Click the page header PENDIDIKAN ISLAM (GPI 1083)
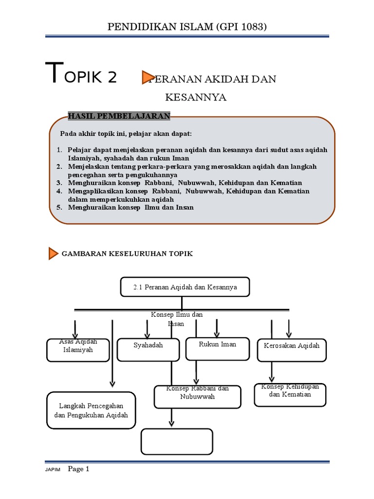click(x=187, y=27)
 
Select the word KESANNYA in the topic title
click(x=196, y=97)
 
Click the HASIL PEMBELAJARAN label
click(x=119, y=115)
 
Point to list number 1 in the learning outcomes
click(x=59, y=150)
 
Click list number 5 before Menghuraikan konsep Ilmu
click(x=59, y=207)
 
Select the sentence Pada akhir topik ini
click(x=126, y=134)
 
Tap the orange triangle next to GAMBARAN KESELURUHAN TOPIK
click(x=54, y=253)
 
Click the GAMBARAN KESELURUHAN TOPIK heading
click(x=127, y=254)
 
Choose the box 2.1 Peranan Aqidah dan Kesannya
click(x=185, y=287)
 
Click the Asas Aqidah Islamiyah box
click(x=78, y=350)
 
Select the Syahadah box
click(x=148, y=349)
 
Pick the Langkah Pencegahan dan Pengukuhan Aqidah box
click(x=91, y=410)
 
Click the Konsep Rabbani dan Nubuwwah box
click(x=197, y=397)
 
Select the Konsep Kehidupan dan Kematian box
click(x=290, y=394)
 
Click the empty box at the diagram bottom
click(x=177, y=441)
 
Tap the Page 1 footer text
click(x=79, y=469)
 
